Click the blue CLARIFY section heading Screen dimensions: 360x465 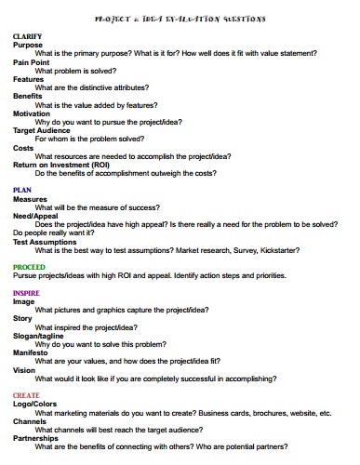click(28, 36)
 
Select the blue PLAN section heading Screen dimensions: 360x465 click(22, 190)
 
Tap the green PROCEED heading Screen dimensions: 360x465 click(30, 267)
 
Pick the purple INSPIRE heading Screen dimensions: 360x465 click(26, 293)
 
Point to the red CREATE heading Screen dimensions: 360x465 click(26, 395)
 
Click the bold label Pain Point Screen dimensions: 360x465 click(33, 62)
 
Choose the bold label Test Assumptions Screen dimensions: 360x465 click(45, 242)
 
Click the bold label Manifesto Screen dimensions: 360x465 click(32, 352)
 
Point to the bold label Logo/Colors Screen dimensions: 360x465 click(34, 405)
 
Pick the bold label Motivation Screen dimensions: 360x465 click(33, 113)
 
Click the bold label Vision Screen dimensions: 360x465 click(24, 370)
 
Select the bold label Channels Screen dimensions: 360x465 click(31, 421)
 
